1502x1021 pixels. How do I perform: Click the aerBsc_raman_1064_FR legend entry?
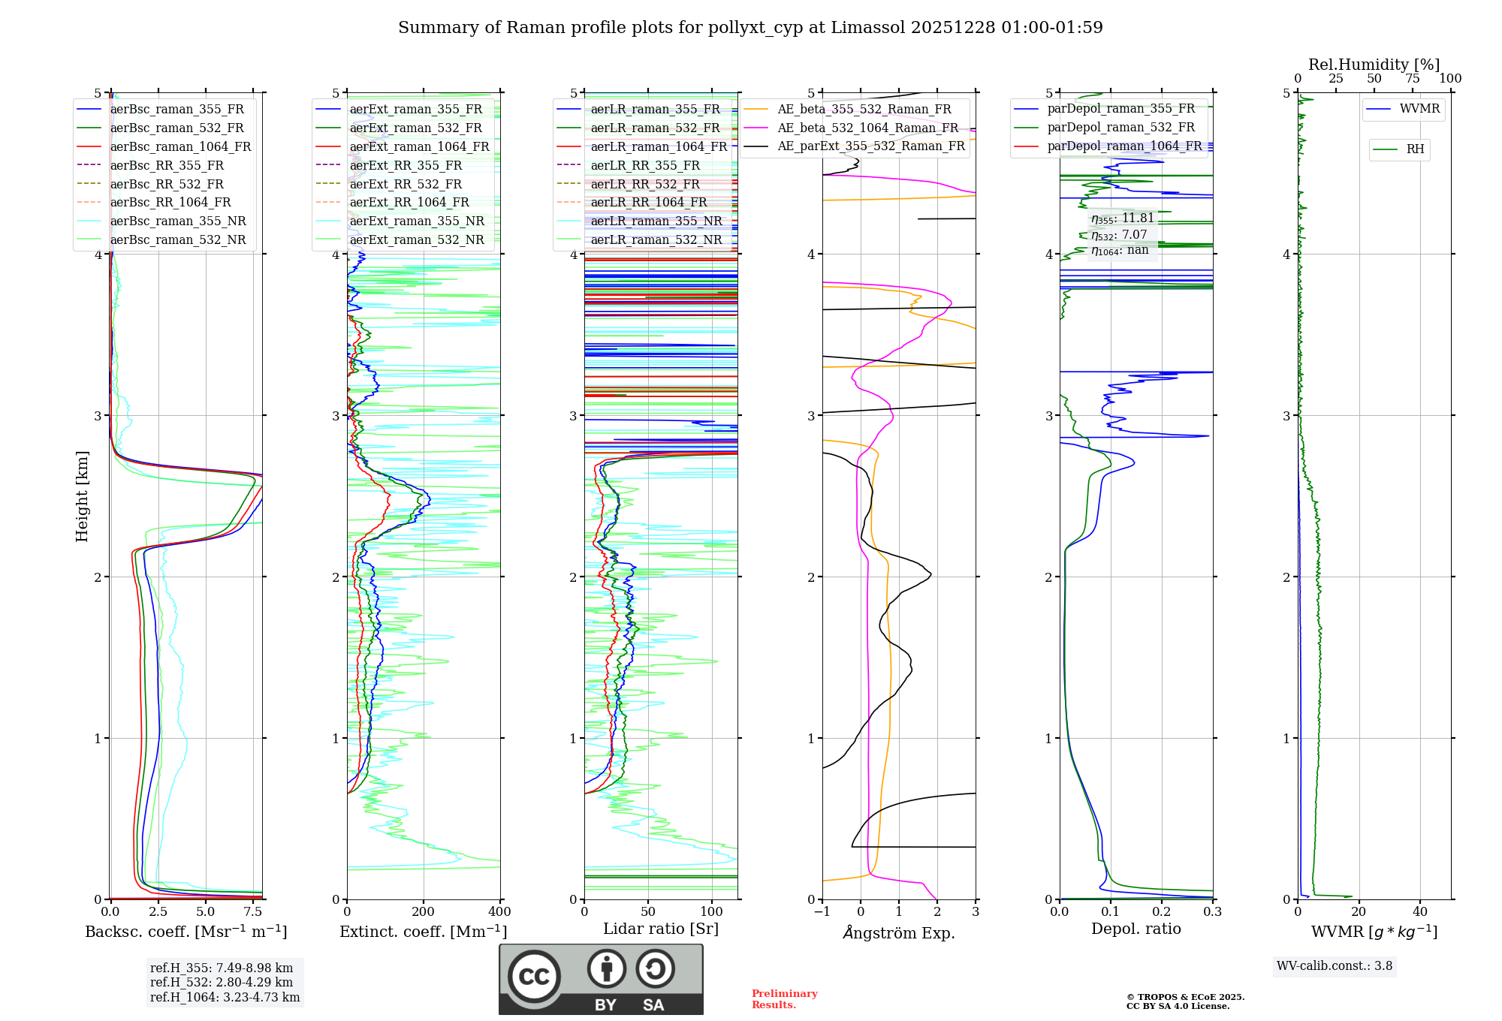180,147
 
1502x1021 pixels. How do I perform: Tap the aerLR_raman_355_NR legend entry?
656,221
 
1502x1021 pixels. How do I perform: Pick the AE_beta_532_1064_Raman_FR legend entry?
867,128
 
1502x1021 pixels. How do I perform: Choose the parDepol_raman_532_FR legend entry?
1120,128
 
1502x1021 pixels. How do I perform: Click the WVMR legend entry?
1419,109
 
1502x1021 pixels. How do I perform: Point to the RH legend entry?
1415,149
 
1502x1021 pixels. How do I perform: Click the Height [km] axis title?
82,496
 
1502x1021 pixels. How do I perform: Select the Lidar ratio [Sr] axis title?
661,929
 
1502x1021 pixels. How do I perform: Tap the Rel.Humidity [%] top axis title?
1374,65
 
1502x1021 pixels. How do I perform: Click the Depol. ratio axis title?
1136,929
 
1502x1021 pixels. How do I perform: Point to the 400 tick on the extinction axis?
500,912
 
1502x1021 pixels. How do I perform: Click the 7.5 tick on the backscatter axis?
253,912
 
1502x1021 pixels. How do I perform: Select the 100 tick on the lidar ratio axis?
712,912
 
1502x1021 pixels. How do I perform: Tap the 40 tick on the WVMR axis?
1420,912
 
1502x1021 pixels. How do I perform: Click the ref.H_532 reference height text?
222,982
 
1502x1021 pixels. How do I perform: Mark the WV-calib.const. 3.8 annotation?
1335,966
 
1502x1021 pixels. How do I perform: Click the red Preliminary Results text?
784,999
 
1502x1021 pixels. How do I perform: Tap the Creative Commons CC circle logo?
534,977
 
